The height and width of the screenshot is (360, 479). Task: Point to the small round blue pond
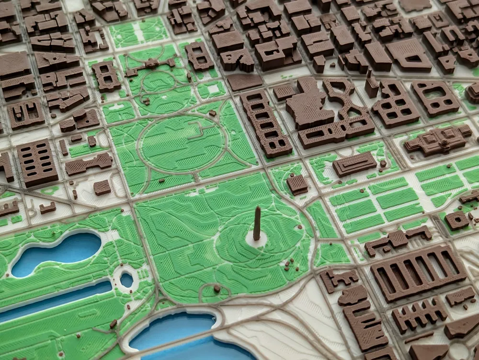pos(127,280)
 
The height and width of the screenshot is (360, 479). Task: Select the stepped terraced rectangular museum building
pos(354,164)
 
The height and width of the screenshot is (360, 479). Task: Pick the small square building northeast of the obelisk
pos(297,184)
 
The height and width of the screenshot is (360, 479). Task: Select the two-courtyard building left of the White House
pos(106,76)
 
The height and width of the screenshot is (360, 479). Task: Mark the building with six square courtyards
pos(395,103)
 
